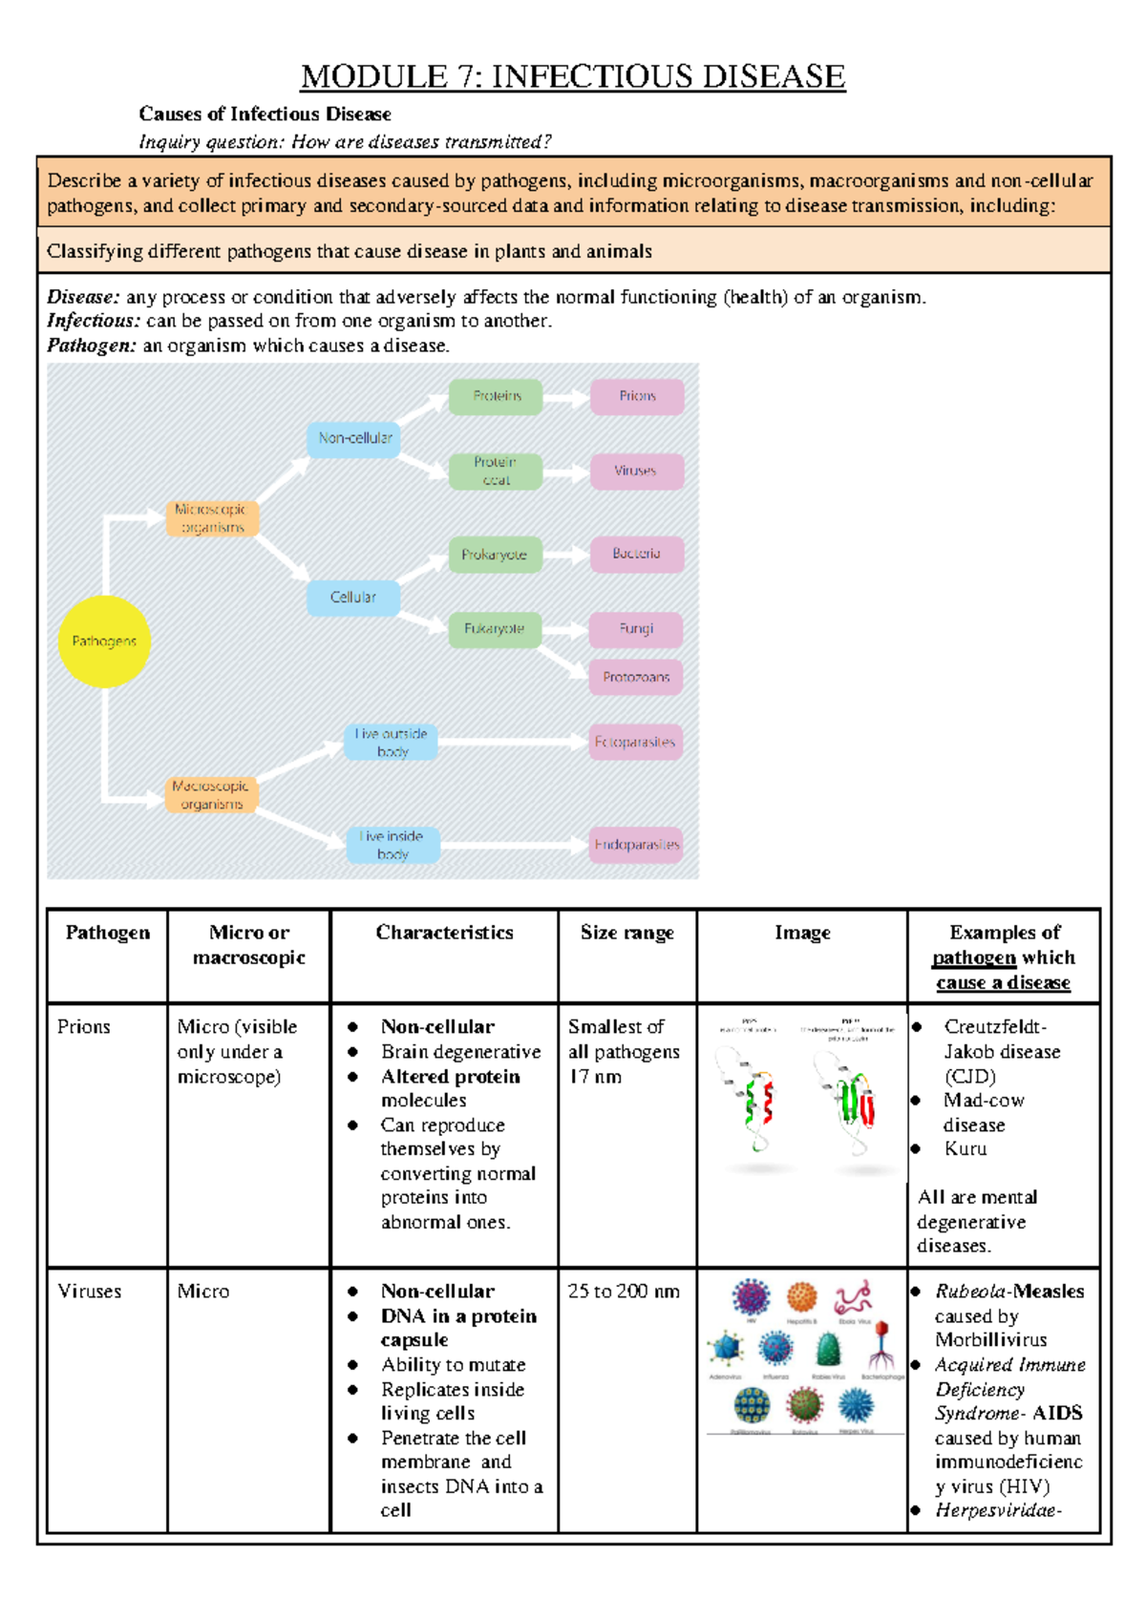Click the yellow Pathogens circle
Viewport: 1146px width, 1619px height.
(104, 641)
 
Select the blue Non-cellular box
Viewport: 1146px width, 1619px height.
(354, 438)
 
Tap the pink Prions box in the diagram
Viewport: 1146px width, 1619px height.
(637, 396)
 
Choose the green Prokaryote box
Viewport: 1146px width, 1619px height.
(495, 555)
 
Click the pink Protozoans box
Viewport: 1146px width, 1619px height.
(636, 677)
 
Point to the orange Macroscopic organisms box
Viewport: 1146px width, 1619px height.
(211, 794)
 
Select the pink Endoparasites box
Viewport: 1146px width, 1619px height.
(636, 845)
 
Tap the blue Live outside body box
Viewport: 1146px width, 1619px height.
(392, 742)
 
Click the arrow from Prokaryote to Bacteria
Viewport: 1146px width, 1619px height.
(566, 555)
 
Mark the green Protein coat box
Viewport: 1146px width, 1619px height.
(496, 471)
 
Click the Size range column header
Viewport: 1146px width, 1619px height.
(627, 933)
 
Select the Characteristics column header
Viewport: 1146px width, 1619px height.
(444, 933)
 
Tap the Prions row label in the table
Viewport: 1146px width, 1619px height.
(84, 1027)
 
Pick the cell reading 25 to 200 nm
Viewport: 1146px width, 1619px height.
(624, 1292)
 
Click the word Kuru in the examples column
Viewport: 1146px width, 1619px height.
(966, 1149)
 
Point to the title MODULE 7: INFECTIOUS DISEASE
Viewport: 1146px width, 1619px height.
(573, 76)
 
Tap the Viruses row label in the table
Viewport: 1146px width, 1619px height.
(90, 1292)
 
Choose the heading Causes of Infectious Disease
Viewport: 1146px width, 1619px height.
(265, 115)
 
